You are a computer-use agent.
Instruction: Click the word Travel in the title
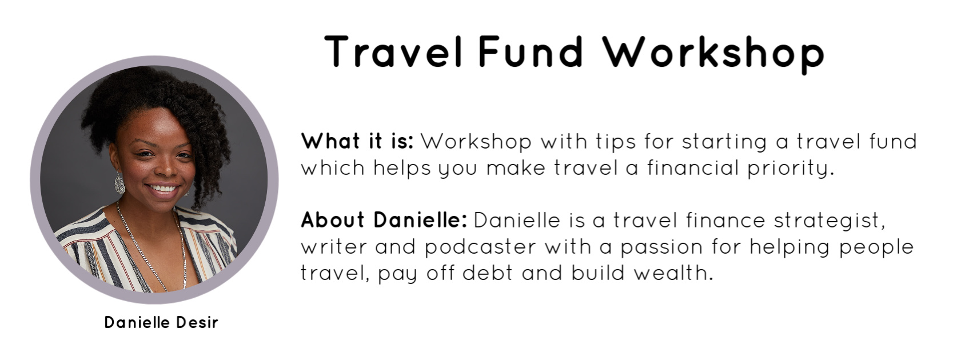[x=393, y=51]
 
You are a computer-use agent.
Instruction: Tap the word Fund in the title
[x=530, y=51]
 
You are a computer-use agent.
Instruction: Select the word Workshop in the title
[x=713, y=54]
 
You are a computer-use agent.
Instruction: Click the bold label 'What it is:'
[x=357, y=141]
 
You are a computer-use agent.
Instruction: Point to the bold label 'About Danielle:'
[x=384, y=220]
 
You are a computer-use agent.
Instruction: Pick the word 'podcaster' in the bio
[x=480, y=247]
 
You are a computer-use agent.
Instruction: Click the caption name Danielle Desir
[x=161, y=322]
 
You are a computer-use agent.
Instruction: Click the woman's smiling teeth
[x=162, y=189]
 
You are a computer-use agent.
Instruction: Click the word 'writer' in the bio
[x=334, y=247]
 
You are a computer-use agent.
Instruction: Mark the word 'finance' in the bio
[x=726, y=220]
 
